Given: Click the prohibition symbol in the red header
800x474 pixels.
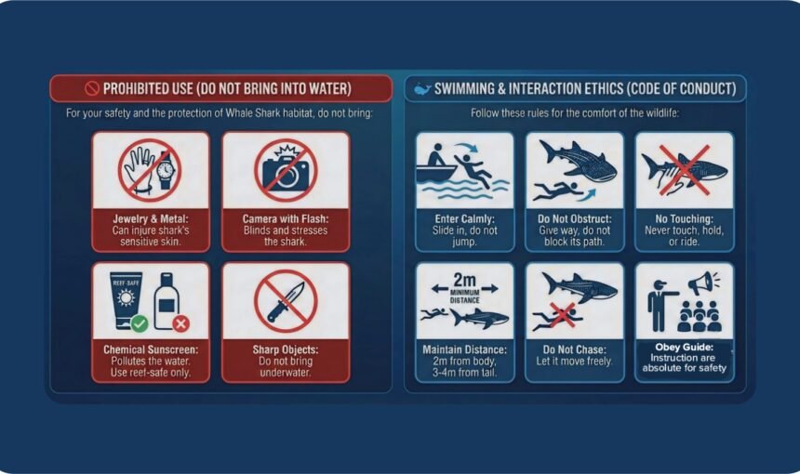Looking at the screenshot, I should tap(91, 89).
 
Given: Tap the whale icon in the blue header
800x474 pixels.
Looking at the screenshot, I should tap(422, 89).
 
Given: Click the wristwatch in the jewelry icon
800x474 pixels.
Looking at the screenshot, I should tap(165, 171).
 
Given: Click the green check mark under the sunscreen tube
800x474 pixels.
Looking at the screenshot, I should tap(140, 323).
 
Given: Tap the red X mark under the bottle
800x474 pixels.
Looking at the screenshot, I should tap(181, 323).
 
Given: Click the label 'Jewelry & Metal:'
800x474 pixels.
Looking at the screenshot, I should tap(151, 217).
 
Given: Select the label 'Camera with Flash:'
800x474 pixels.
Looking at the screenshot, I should tap(286, 217).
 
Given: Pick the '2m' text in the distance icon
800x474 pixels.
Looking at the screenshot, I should tap(464, 278).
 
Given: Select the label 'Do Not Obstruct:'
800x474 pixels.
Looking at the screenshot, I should tap(574, 217).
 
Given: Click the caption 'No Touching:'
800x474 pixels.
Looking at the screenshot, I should tap(684, 217).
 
